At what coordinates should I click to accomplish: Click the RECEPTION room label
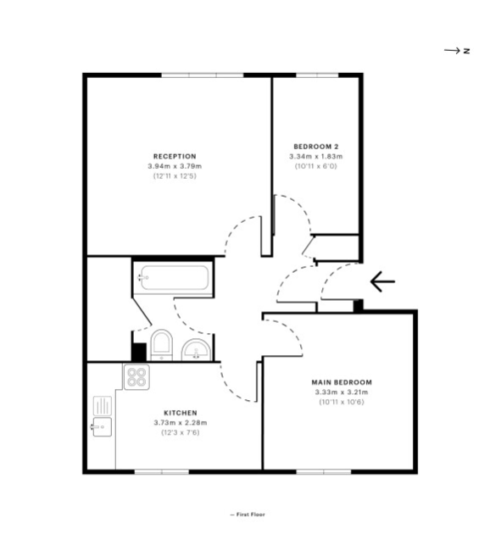(x=175, y=156)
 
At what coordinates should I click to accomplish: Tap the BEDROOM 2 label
(x=316, y=147)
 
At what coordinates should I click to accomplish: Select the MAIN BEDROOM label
(x=342, y=382)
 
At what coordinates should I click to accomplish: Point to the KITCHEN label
(x=181, y=413)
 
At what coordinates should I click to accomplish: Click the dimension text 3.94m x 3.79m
(x=175, y=166)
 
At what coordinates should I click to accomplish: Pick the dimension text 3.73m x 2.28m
(x=181, y=423)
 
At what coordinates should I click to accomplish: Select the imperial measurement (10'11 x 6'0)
(x=316, y=166)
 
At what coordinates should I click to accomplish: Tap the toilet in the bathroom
(x=161, y=345)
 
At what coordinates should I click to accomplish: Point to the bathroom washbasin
(x=196, y=350)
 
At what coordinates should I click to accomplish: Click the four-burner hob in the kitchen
(x=136, y=376)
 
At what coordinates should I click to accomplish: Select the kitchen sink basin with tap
(x=102, y=426)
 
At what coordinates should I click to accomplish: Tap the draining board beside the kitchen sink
(x=103, y=406)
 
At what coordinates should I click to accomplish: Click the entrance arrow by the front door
(x=382, y=281)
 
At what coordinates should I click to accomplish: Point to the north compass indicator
(x=457, y=51)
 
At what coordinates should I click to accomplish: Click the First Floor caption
(x=248, y=515)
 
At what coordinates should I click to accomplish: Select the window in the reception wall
(x=203, y=75)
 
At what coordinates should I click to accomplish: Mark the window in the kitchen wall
(x=162, y=471)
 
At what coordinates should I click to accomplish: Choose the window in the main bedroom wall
(x=324, y=471)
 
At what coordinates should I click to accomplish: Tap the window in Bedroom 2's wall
(x=317, y=75)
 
